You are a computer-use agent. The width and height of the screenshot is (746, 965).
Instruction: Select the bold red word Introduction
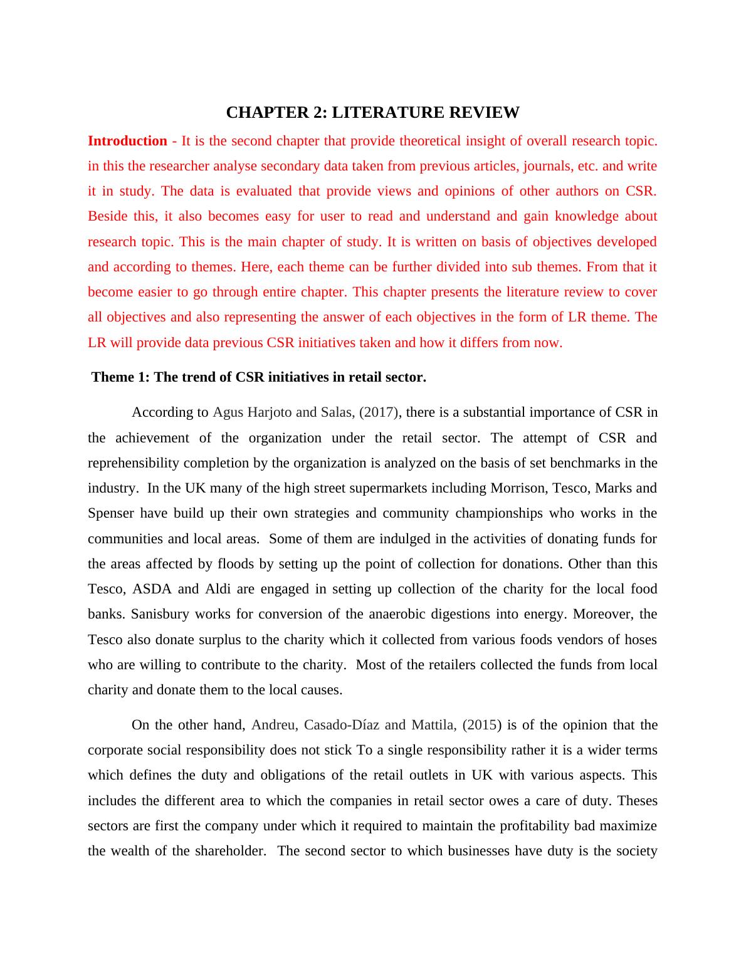(x=127, y=141)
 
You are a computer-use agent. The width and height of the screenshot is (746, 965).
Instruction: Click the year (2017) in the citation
(x=379, y=412)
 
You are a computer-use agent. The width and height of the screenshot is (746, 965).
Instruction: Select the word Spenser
(x=111, y=513)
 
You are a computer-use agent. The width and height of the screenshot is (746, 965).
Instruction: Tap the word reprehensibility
(x=133, y=463)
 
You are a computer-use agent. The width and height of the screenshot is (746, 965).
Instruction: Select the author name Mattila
(x=433, y=725)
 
